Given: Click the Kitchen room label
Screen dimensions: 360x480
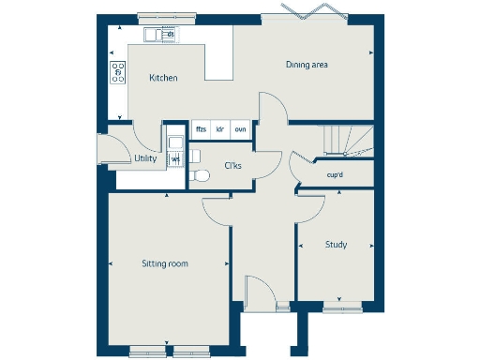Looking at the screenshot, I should pos(163,78).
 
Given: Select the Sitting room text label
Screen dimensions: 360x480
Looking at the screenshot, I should pos(165,263).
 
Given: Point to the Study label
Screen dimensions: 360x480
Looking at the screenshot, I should pos(336,245).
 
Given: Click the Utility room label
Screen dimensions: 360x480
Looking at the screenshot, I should pos(145,158).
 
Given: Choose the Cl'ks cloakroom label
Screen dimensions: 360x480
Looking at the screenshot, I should pos(233,166).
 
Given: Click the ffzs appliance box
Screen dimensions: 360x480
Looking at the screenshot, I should pos(201,129).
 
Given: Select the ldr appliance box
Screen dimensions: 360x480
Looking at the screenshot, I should pos(220,129).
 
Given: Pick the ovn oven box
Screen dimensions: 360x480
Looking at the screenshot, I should pos(240,129).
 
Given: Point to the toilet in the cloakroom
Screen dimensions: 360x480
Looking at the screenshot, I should pos(198,175).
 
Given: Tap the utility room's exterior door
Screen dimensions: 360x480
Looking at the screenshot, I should pos(105,148).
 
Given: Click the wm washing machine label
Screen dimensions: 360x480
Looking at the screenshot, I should pos(175,159).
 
